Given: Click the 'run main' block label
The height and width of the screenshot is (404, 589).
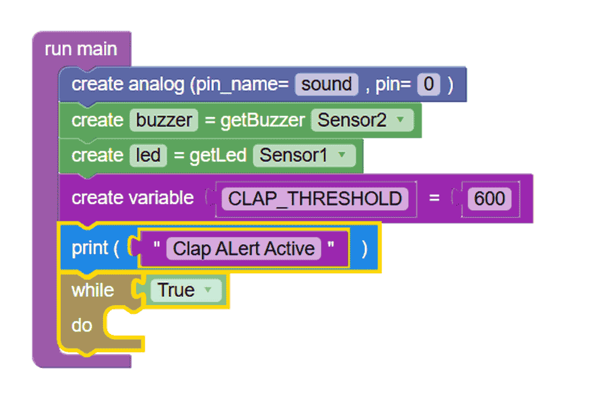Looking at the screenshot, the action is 81,49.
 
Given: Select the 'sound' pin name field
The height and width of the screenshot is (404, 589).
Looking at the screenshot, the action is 326,84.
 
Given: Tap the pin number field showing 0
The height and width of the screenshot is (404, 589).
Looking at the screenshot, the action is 428,84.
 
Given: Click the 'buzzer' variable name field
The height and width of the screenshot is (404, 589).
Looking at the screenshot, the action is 164,120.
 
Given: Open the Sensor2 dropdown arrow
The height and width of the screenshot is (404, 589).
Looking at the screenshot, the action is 401,120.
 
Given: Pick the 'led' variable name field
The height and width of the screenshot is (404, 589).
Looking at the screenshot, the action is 148,155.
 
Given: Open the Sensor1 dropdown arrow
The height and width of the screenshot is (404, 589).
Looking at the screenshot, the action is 342,155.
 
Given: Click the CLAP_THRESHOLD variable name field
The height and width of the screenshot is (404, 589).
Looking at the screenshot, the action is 315,198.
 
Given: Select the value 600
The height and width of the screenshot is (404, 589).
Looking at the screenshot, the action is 489,198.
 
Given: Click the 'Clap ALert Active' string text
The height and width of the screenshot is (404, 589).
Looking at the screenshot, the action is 244,249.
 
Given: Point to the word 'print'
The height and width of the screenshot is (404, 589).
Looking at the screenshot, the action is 90,249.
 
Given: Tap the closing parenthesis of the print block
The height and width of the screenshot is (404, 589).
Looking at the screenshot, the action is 364,249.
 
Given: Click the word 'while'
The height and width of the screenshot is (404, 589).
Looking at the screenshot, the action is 93,290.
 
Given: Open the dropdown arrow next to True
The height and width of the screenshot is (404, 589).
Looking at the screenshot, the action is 208,290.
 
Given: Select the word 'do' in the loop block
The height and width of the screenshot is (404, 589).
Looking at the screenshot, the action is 82,325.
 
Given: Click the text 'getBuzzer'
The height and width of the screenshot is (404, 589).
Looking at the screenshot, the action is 263,120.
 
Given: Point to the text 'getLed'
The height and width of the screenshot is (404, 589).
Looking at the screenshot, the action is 218,155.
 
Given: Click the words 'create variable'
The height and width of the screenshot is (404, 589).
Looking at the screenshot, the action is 133,198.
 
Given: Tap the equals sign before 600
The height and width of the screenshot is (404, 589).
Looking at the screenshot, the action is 434,198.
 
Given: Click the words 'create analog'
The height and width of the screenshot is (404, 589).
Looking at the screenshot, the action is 128,84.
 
